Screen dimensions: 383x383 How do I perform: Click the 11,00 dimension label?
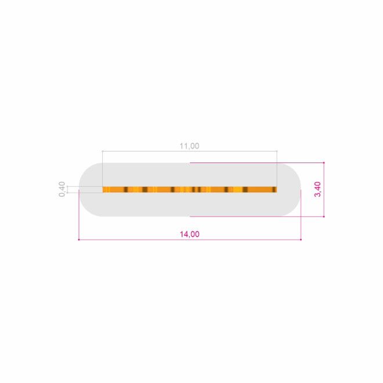coord(190,146)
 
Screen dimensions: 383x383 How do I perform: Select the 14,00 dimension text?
coord(190,234)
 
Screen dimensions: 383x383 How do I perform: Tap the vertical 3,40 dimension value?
coord(317,189)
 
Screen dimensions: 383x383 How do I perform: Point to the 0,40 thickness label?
coord(62,189)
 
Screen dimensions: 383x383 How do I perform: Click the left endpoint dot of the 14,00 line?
coord(79,240)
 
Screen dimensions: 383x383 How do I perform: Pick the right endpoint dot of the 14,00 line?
coord(301,240)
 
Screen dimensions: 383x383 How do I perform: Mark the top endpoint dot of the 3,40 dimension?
coord(324,162)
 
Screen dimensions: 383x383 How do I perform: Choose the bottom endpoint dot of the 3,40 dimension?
coord(324,216)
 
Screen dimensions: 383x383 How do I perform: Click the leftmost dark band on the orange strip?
coord(126,190)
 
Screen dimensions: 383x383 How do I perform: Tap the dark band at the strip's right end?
coord(274,190)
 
